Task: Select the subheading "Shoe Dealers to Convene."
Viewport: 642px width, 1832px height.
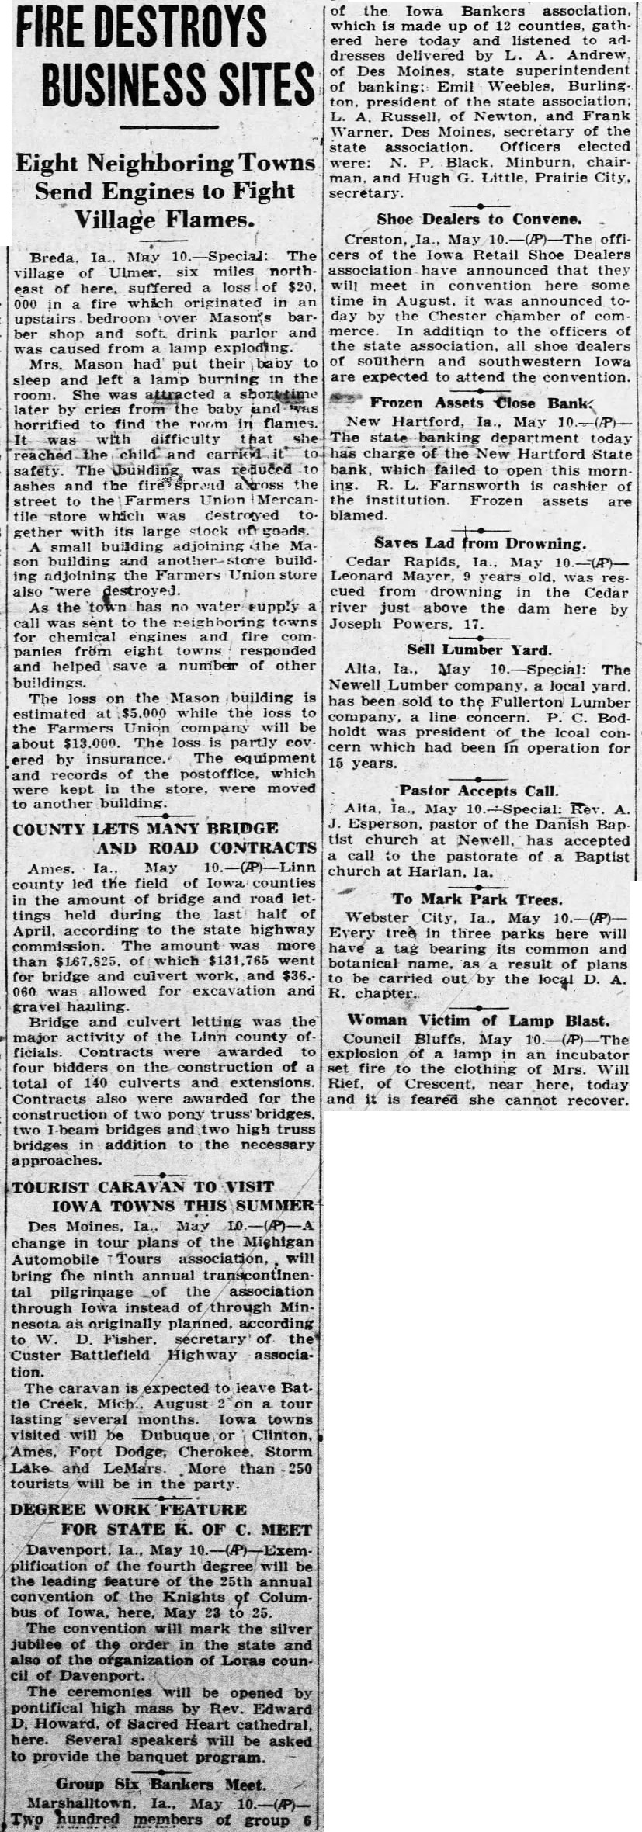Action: [x=479, y=220]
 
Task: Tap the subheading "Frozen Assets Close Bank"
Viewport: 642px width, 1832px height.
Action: [x=480, y=403]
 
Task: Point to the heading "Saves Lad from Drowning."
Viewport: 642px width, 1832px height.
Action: [x=479, y=544]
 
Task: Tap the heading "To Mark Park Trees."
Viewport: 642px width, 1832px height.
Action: [x=476, y=899]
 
